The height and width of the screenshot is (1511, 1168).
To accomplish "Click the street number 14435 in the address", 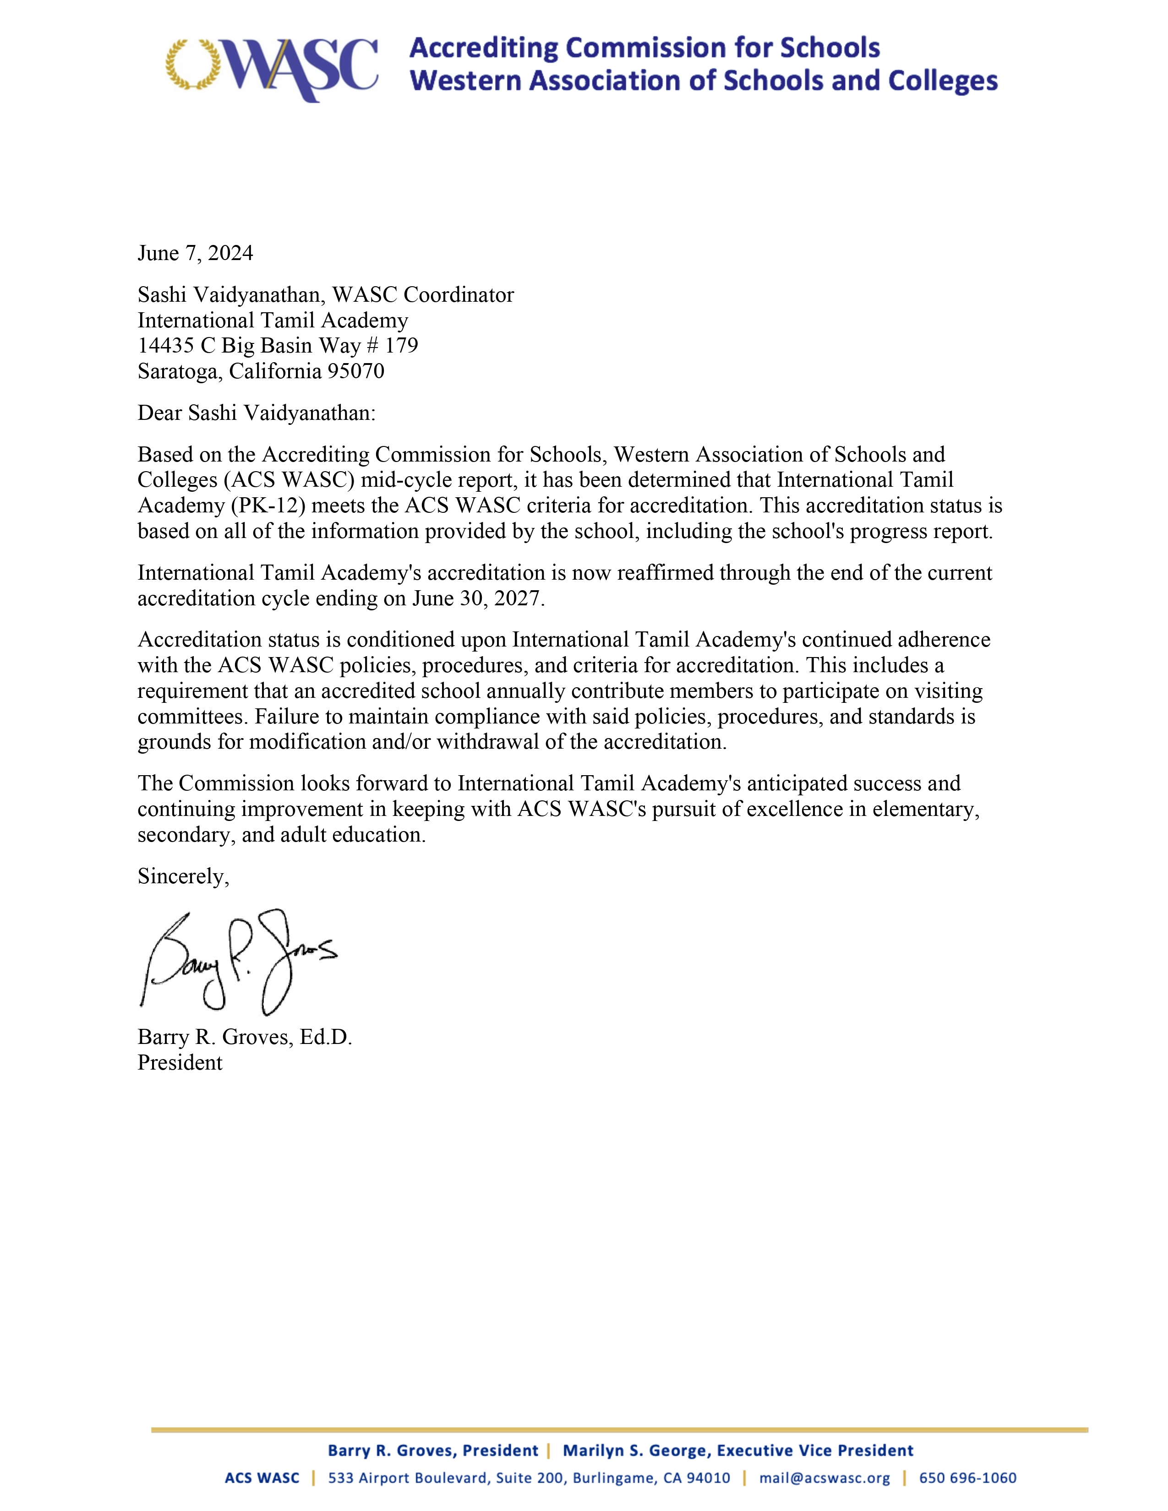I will point(165,346).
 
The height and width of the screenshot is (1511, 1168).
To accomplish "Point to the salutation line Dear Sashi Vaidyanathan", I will point(256,413).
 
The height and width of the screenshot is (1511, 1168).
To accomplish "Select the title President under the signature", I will point(180,1063).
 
